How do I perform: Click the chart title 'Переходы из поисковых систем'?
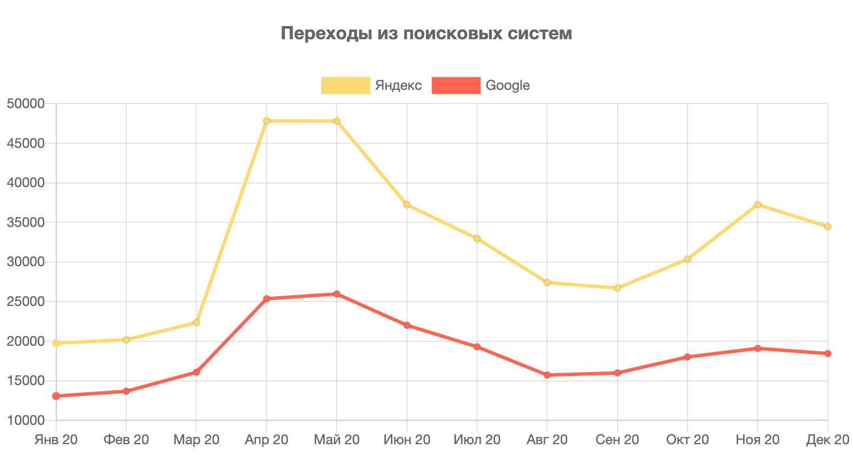pyautogui.click(x=426, y=34)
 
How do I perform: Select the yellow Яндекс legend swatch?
pyautogui.click(x=346, y=85)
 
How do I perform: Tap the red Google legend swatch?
pyautogui.click(x=456, y=85)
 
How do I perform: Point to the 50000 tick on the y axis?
pyautogui.click(x=25, y=104)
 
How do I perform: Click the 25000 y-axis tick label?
pyautogui.click(x=25, y=301)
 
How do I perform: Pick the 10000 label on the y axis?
pyautogui.click(x=25, y=420)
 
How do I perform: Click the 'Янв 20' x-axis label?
pyautogui.click(x=56, y=440)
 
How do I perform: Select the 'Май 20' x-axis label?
pyautogui.click(x=337, y=440)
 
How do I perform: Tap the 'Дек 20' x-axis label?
pyautogui.click(x=827, y=440)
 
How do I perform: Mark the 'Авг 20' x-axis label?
pyautogui.click(x=547, y=440)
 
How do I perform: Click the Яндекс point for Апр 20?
pyautogui.click(x=267, y=121)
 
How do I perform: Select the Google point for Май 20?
pyautogui.click(x=337, y=294)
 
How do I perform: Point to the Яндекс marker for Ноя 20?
pyautogui.click(x=757, y=204)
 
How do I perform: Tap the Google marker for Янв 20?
pyautogui.click(x=56, y=396)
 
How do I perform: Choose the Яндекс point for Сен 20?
pyautogui.click(x=617, y=288)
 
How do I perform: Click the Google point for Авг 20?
pyautogui.click(x=547, y=375)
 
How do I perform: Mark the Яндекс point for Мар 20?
pyautogui.click(x=196, y=322)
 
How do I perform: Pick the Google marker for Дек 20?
pyautogui.click(x=828, y=353)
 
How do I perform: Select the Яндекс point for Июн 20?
pyautogui.click(x=407, y=205)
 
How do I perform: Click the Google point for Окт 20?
pyautogui.click(x=688, y=357)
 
